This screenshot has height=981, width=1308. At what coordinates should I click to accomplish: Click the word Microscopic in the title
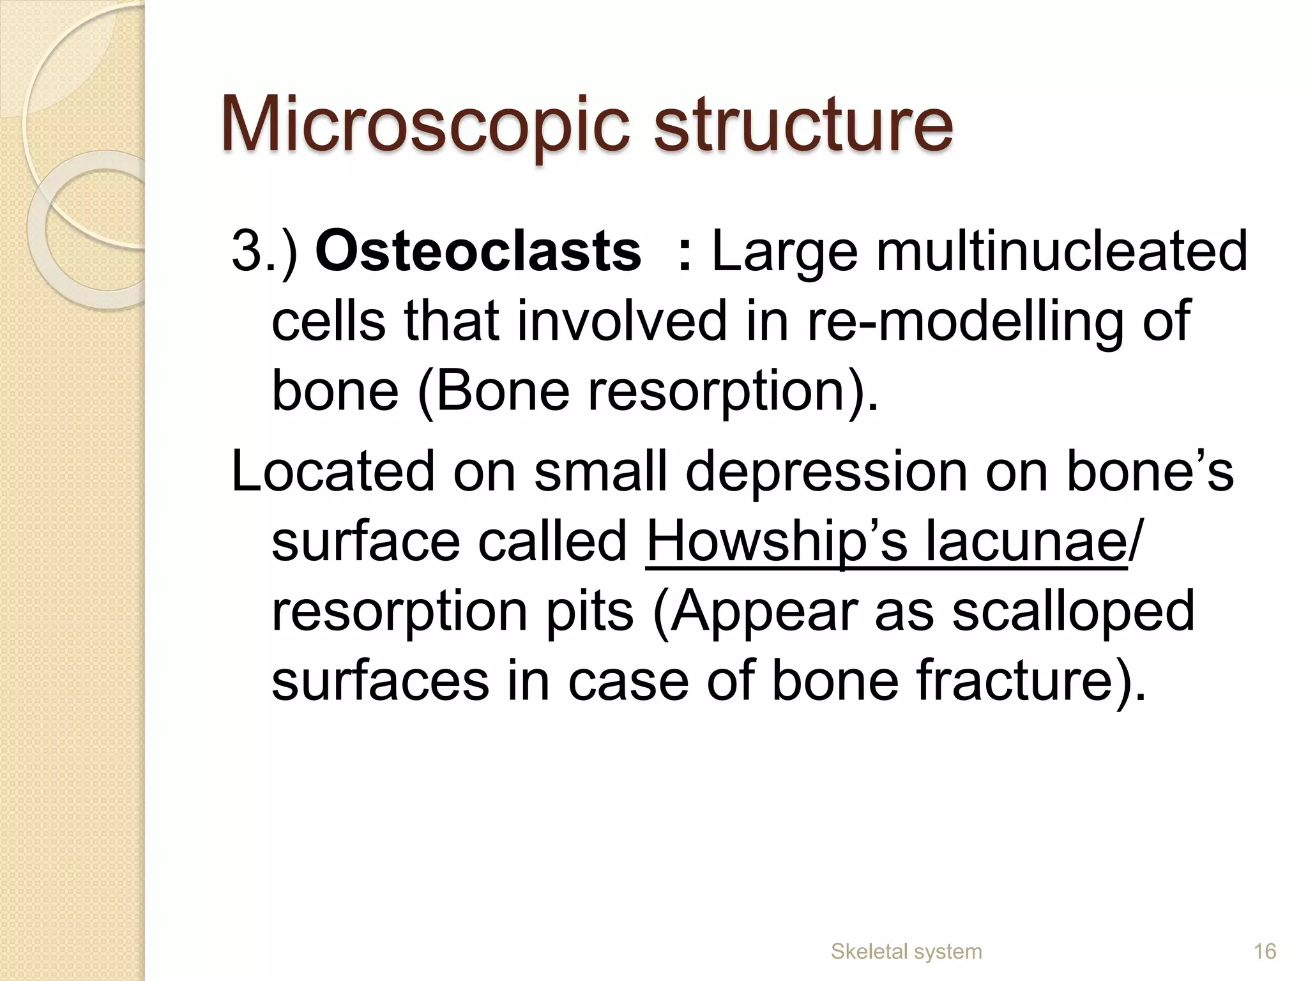(422, 125)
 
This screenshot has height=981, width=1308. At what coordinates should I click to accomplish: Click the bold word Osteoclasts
(478, 252)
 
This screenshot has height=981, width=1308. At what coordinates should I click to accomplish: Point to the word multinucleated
(1061, 252)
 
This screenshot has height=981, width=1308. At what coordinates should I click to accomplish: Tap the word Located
(332, 472)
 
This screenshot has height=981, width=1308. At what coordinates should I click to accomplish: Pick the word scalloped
(1072, 611)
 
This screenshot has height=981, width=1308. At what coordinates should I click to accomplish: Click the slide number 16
(1265, 952)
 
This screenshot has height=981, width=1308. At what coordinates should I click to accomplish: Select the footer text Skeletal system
(906, 952)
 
